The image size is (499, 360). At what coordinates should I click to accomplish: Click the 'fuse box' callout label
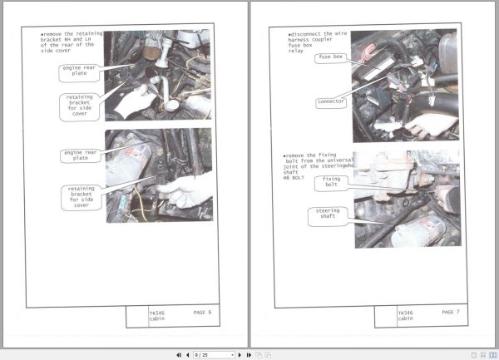pos(330,57)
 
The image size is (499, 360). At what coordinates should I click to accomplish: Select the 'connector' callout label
pos(330,102)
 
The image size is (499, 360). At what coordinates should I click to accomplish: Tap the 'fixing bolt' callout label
pos(331,181)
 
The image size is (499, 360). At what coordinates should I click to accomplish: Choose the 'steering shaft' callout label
pos(328,215)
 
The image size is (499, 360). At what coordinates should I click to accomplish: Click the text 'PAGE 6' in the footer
pos(202,312)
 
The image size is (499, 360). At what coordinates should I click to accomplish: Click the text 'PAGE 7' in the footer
pos(451,312)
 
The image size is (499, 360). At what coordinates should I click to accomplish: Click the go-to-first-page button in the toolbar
pos(179,354)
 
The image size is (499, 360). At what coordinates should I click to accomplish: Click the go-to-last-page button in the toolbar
pos(249,354)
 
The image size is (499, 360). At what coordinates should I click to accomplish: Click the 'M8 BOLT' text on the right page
pos(293,177)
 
